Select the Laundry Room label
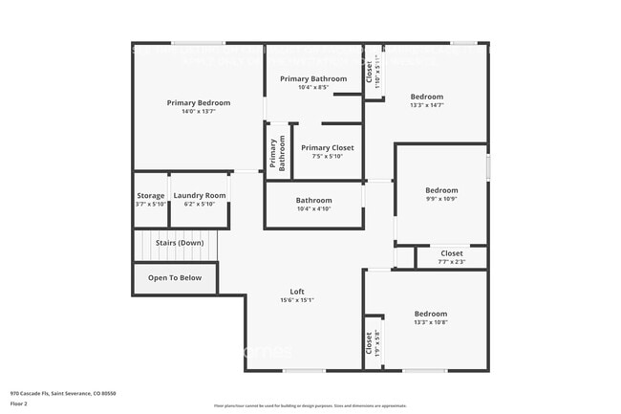pyautogui.click(x=200, y=195)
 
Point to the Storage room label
pyautogui.click(x=150, y=195)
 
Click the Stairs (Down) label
pyautogui.click(x=180, y=243)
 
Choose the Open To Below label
pyautogui.click(x=175, y=278)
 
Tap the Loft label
pyautogui.click(x=298, y=292)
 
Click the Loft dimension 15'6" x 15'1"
pyautogui.click(x=298, y=300)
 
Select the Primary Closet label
pyautogui.click(x=327, y=147)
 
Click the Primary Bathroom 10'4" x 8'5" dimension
pyautogui.click(x=312, y=88)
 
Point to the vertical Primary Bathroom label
pyautogui.click(x=277, y=154)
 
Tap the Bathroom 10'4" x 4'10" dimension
pyautogui.click(x=312, y=208)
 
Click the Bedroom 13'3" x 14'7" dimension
pyautogui.click(x=427, y=105)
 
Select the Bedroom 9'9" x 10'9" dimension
pyautogui.click(x=441, y=199)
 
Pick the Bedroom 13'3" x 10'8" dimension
pyautogui.click(x=430, y=322)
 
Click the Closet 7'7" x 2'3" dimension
pyautogui.click(x=452, y=261)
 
